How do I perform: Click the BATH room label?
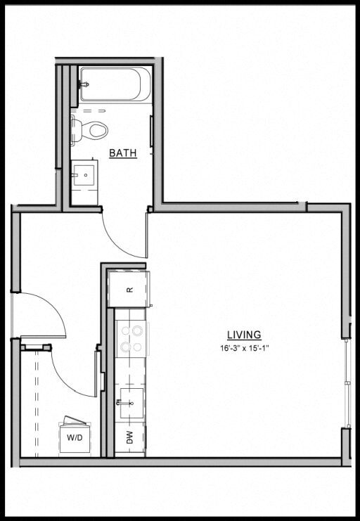(x=122, y=153)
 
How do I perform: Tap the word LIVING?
(x=244, y=335)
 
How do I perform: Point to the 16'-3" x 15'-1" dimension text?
(x=244, y=347)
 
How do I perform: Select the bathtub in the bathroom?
(x=115, y=84)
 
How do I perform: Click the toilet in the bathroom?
(x=89, y=129)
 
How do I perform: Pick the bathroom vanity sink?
(x=85, y=174)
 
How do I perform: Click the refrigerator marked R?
(x=129, y=289)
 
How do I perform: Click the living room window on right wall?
(x=347, y=383)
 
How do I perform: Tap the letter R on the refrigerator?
(x=129, y=290)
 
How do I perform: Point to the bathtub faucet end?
(x=86, y=84)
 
